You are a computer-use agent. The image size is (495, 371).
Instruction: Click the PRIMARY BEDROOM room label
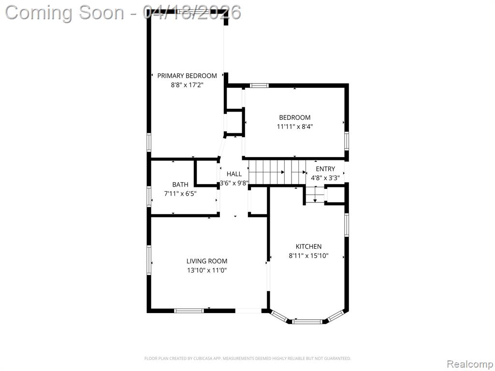[x=187, y=76]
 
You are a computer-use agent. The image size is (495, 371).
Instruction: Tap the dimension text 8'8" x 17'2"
[x=187, y=85]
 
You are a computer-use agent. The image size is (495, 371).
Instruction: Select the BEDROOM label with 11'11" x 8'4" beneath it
[x=294, y=117]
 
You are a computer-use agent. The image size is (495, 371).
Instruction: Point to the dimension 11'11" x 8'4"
[x=294, y=127]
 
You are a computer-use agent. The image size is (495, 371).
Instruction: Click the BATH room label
[x=180, y=185]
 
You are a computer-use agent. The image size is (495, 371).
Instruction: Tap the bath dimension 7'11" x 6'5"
[x=180, y=194]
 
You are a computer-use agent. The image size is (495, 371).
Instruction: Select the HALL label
[x=234, y=174]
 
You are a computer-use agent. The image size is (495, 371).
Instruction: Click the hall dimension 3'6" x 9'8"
[x=234, y=183]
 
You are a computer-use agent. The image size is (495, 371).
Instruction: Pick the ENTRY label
[x=325, y=169]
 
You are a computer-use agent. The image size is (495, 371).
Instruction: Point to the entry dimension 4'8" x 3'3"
[x=325, y=178]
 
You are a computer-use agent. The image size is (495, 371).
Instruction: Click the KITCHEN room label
[x=308, y=246]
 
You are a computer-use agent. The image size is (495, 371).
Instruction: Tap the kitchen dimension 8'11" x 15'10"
[x=308, y=256]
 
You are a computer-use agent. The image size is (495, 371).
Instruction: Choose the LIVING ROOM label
[x=207, y=261]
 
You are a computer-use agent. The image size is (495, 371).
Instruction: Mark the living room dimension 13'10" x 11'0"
[x=207, y=271]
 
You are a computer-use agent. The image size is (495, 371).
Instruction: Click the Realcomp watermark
[x=470, y=364]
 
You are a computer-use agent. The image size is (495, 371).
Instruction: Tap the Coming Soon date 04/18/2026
[x=191, y=13]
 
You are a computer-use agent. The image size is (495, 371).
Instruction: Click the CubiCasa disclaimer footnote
[x=247, y=358]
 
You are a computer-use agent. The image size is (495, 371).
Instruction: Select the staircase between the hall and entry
[x=277, y=172]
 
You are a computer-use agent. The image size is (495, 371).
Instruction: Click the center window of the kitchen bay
[x=307, y=322]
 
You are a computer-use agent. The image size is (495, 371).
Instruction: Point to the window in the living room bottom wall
[x=189, y=311]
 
